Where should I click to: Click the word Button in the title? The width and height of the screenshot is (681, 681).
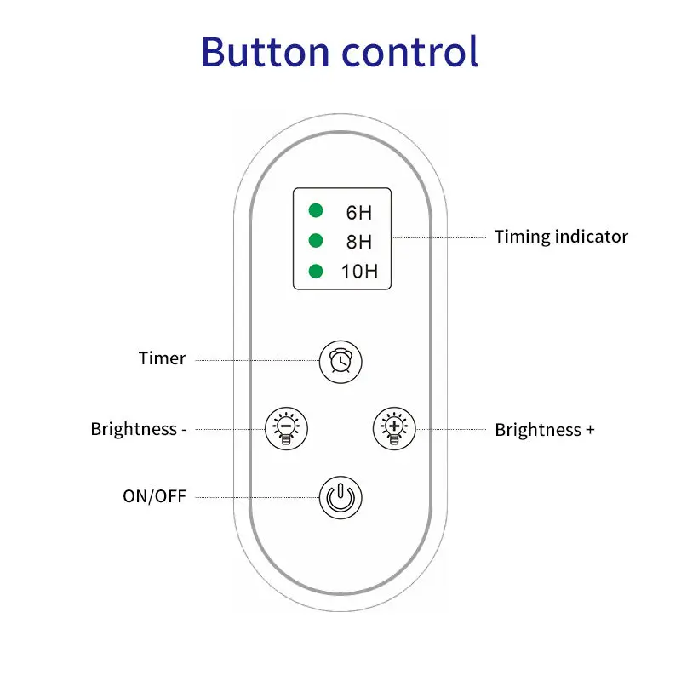click(x=264, y=52)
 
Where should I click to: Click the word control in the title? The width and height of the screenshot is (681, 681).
click(x=409, y=52)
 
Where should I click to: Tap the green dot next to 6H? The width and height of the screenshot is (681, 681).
click(x=316, y=209)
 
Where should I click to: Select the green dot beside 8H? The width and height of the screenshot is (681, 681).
click(x=316, y=240)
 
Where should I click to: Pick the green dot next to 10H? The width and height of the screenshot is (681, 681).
click(x=316, y=272)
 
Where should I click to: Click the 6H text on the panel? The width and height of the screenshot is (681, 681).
click(x=358, y=212)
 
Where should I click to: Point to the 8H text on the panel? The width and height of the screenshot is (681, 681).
click(x=358, y=243)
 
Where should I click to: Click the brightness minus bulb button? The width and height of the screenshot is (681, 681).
click(x=287, y=427)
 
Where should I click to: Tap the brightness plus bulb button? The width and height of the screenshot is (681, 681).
click(x=394, y=427)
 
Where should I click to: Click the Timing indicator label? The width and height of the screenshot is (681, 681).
click(x=561, y=237)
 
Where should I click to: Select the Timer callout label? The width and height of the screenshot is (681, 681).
click(x=162, y=358)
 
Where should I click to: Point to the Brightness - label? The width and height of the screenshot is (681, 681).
click(x=139, y=429)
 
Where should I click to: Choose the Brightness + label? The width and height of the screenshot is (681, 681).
click(x=544, y=429)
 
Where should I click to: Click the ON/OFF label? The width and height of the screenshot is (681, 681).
click(x=154, y=496)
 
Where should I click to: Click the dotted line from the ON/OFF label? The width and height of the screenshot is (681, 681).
click(x=255, y=496)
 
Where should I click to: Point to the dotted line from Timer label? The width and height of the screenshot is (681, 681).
click(x=255, y=360)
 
